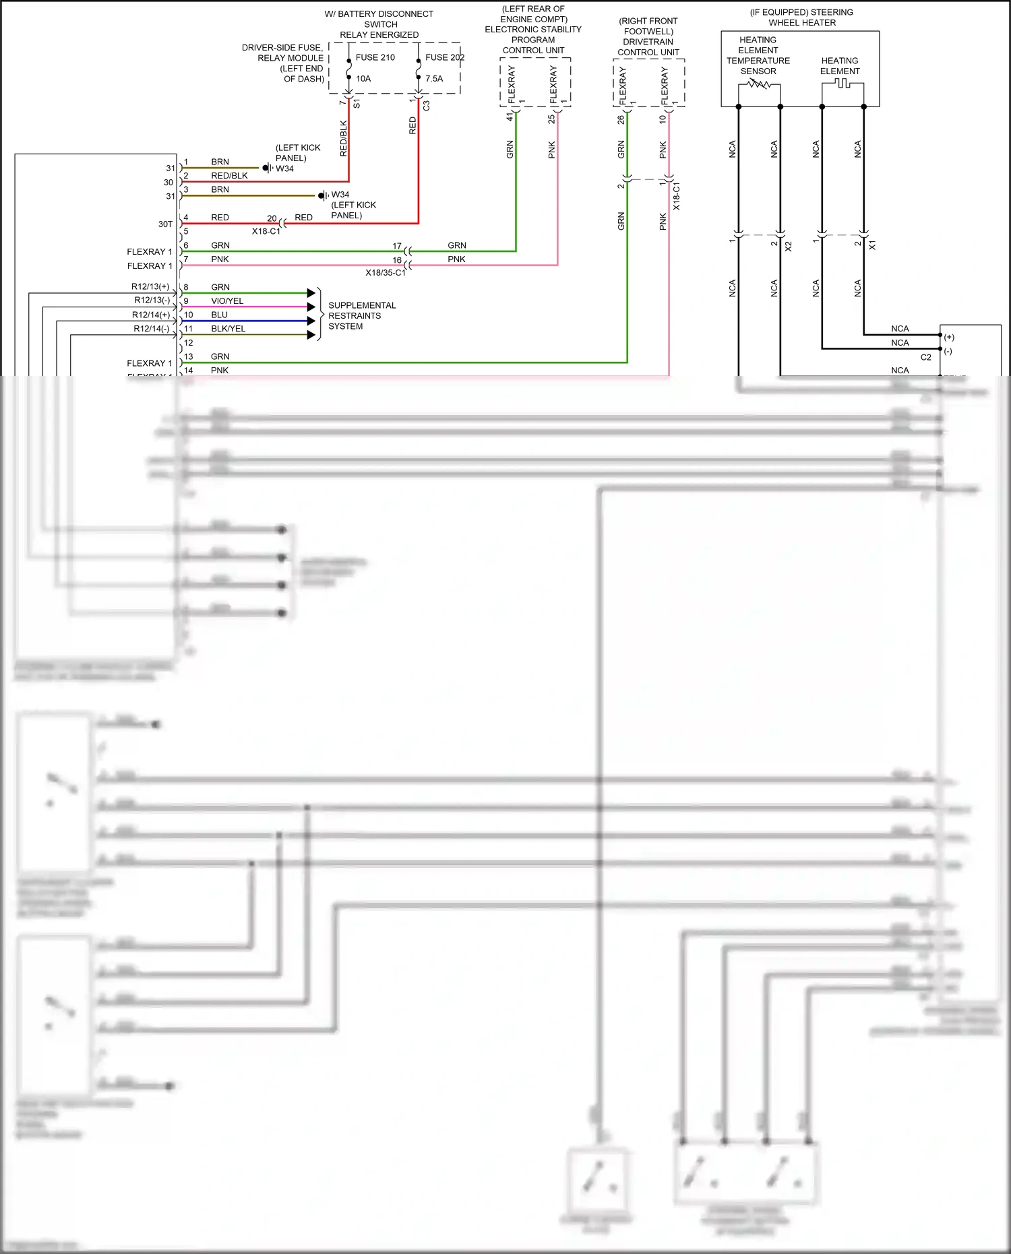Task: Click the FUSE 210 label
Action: click(x=375, y=58)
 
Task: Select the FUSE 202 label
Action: click(x=444, y=58)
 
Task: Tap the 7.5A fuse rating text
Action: click(x=434, y=79)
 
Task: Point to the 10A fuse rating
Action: click(x=363, y=79)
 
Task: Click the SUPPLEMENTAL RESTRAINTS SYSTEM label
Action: click(x=361, y=316)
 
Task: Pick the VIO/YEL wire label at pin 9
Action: click(x=227, y=301)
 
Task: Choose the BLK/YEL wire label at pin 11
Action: click(x=228, y=329)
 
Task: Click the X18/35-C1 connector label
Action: click(x=386, y=273)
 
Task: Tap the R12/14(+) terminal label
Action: click(x=151, y=315)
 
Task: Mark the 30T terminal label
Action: click(x=165, y=224)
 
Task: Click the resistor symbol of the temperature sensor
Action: click(x=759, y=84)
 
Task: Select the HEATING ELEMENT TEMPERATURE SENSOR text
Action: click(x=758, y=56)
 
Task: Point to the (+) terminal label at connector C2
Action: click(x=949, y=337)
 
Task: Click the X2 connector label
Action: click(x=789, y=247)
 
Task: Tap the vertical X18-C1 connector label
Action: click(x=677, y=196)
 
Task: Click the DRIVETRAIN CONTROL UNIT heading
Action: click(x=648, y=47)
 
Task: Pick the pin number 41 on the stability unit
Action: click(x=510, y=117)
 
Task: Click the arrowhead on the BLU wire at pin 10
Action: click(x=311, y=321)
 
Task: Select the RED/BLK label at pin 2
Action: click(x=229, y=176)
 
